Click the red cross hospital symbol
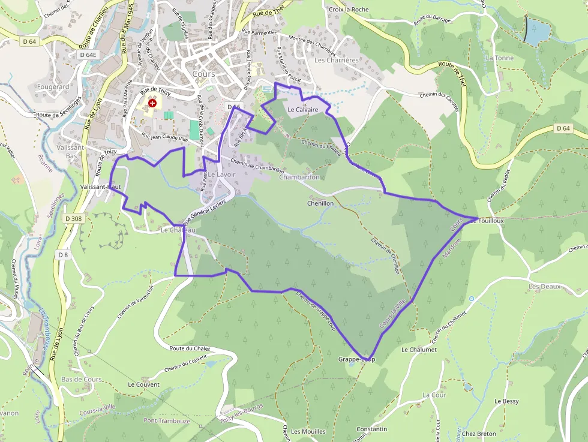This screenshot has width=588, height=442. point(152,103)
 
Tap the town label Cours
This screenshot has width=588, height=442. point(204,74)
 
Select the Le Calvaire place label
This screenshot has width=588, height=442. point(302,110)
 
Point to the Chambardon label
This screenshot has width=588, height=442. point(299,178)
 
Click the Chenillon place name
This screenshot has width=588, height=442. point(320,203)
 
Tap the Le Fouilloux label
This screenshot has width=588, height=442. point(487,221)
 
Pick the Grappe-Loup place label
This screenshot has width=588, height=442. point(356,359)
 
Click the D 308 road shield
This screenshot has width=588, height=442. point(71,219)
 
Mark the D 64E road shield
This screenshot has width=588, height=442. point(88,55)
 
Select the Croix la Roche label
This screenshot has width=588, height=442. point(349,10)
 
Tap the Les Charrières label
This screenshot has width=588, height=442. point(336,60)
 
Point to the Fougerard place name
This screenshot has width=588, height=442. point(53,86)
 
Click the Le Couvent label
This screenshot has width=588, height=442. point(144,384)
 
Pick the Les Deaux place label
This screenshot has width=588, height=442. point(544,287)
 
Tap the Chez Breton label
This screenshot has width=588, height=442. point(479,434)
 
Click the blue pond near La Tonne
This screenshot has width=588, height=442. point(536,31)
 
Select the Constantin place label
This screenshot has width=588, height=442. point(372,429)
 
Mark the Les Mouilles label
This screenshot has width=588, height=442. point(308,431)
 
